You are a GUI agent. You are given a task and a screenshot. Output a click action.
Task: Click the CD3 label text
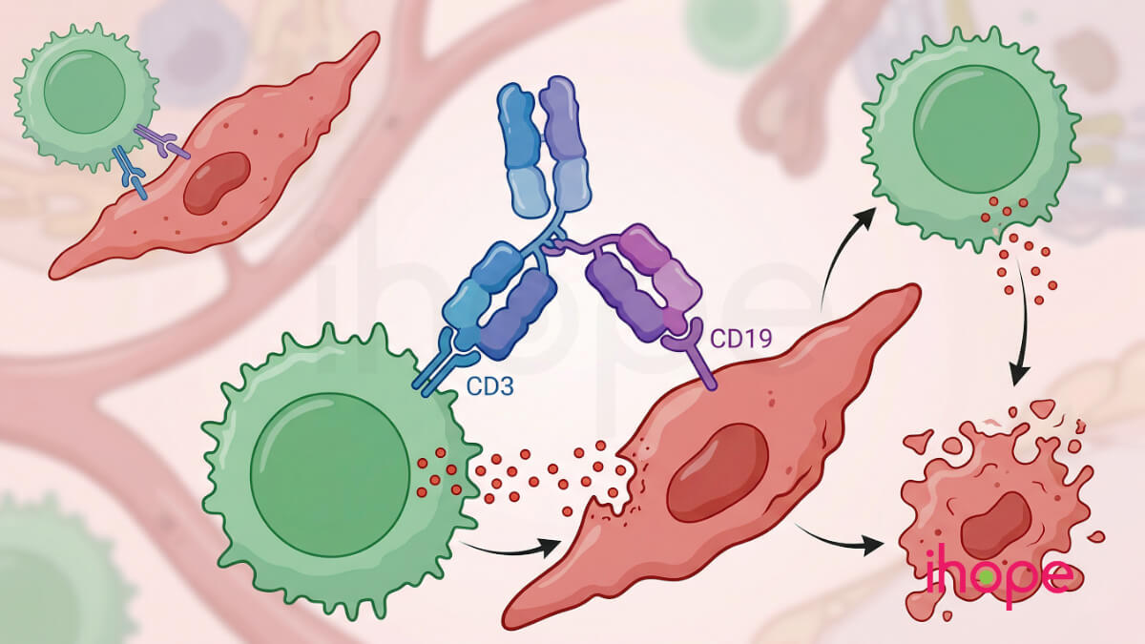489,386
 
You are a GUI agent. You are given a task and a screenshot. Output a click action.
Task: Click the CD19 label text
741,339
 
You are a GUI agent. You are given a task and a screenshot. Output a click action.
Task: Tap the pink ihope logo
1000,576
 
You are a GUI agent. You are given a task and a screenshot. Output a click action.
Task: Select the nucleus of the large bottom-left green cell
330,475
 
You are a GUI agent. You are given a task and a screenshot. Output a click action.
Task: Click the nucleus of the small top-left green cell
84,92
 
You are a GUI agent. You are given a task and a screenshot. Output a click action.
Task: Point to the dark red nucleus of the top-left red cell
217,183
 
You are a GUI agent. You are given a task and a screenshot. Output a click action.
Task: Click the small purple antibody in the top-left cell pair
162,140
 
